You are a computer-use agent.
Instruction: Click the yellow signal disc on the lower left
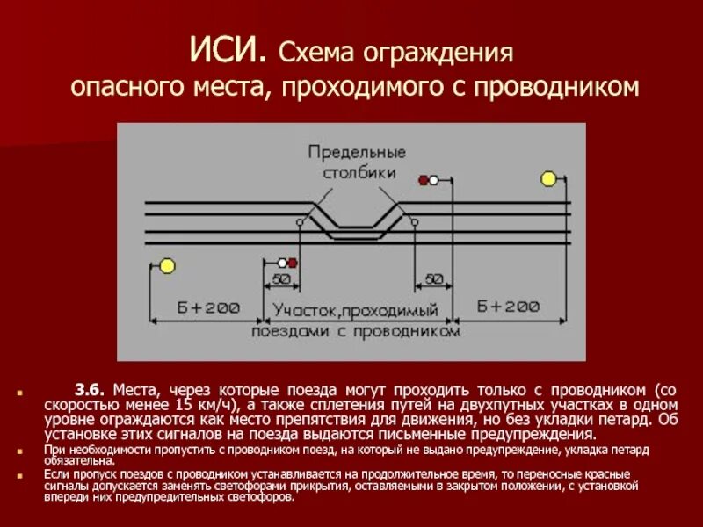coord(166,266)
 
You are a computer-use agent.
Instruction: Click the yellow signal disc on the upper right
coord(548,179)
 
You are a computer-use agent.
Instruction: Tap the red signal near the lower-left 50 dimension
coord(293,262)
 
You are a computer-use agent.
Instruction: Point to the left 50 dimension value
coord(281,279)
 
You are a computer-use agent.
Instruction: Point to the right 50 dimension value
coord(434,279)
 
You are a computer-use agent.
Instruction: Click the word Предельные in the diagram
coord(356,153)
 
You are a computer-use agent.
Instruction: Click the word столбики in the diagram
coord(356,173)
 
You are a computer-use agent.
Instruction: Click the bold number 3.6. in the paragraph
coord(90,388)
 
